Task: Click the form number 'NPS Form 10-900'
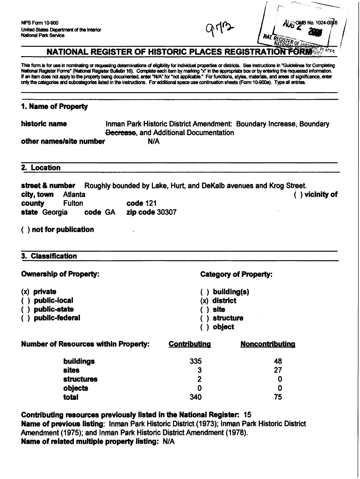[x=40, y=23]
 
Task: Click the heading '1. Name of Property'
[x=54, y=106]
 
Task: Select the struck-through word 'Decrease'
[x=121, y=133]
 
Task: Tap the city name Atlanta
[x=74, y=194]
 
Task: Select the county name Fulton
[x=73, y=203]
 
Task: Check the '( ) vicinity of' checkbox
[x=298, y=195]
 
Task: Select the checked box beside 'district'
[x=204, y=301]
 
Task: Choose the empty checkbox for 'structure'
[x=204, y=318]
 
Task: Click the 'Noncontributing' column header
[x=267, y=344]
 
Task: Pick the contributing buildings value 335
[x=195, y=362]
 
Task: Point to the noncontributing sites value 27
[x=280, y=370]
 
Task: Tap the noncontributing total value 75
[x=280, y=397]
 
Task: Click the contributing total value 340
[x=195, y=397]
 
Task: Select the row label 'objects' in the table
[x=75, y=388]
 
